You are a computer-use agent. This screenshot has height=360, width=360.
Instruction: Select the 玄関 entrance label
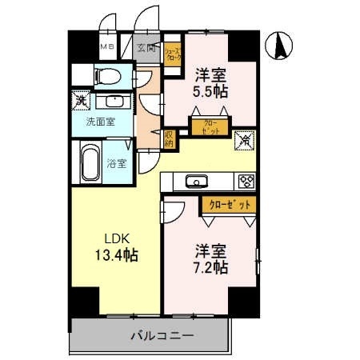pyautogui.click(x=146, y=48)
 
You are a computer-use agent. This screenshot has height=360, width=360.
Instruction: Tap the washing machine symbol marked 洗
pyautogui.click(x=80, y=101)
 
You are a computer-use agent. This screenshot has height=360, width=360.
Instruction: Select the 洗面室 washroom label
pyautogui.click(x=99, y=122)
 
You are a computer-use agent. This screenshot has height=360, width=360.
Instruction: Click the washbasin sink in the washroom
pyautogui.click(x=115, y=102)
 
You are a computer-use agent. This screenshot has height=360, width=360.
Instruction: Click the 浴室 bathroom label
pyautogui.click(x=117, y=164)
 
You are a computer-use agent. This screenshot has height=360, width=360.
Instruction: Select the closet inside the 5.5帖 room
pyautogui.click(x=207, y=127)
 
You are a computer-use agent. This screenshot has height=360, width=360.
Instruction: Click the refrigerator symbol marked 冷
pyautogui.click(x=244, y=139)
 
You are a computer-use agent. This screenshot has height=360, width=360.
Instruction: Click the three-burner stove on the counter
pyautogui.click(x=246, y=181)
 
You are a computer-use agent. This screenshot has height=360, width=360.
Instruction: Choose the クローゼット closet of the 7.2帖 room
pyautogui.click(x=229, y=205)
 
